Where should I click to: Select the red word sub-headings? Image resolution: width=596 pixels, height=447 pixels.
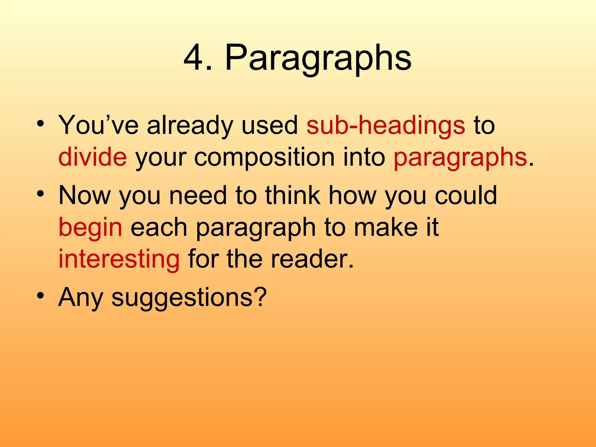click(386, 126)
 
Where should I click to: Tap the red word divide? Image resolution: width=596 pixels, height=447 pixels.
click(93, 157)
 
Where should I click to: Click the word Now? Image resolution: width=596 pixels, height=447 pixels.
click(84, 196)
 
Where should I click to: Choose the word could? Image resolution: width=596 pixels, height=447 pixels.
click(466, 196)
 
